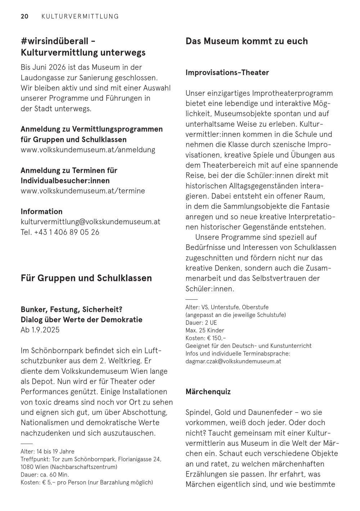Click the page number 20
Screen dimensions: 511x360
pyautogui.click(x=24, y=16)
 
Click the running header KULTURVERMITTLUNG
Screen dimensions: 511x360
pyautogui.click(x=80, y=16)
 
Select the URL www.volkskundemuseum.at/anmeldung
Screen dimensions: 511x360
pyautogui.click(x=88, y=150)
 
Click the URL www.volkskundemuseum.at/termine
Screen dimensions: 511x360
pyautogui.click(x=83, y=191)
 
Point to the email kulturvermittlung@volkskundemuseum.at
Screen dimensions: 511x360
pyautogui.click(x=90, y=222)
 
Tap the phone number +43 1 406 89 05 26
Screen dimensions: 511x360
pyautogui.click(x=67, y=232)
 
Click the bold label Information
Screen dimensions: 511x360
pyautogui.click(x=41, y=211)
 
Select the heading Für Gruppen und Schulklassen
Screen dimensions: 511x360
pyautogui.click(x=86, y=278)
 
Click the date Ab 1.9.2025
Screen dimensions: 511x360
pyautogui.click(x=40, y=330)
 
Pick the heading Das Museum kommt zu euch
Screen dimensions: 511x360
pyautogui.click(x=247, y=41)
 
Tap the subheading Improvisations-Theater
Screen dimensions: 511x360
pyautogui.click(x=227, y=72)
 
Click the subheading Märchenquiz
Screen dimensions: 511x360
pyautogui.click(x=208, y=391)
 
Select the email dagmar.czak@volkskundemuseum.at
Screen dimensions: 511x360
pyautogui.click(x=233, y=361)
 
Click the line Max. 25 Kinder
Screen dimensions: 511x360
pyautogui.click(x=205, y=330)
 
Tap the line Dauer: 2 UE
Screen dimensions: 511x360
pyautogui.click(x=201, y=323)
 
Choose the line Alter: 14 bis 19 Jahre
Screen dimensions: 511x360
pyautogui.click(x=48, y=452)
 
